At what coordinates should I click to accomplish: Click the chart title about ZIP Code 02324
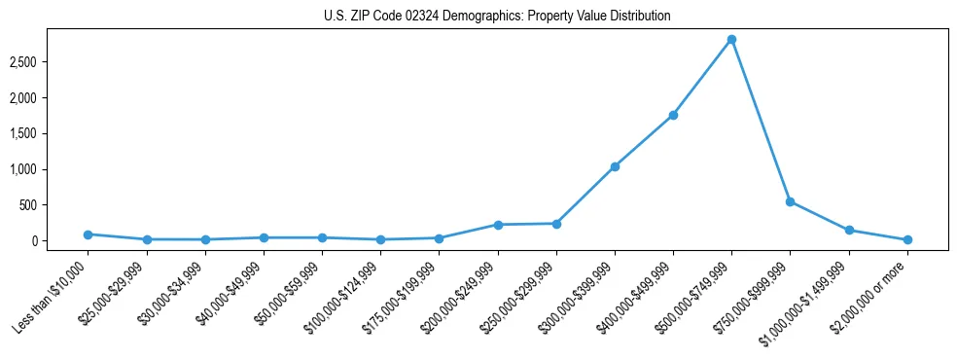pos(497,17)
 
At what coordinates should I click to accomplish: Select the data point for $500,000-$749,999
pos(731,40)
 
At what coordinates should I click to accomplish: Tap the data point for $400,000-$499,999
pos(673,115)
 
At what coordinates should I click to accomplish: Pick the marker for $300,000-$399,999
pos(615,166)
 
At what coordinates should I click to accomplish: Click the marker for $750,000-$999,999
pos(790,201)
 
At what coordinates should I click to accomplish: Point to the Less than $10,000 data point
pos(88,234)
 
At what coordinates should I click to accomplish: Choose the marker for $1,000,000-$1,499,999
pos(849,231)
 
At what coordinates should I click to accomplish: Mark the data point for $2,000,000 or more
pos(907,239)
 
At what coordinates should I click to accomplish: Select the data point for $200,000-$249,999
pos(498,225)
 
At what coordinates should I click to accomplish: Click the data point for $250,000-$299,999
pos(556,224)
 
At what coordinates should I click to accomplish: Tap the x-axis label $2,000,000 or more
pos(872,294)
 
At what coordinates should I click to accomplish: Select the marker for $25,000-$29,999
pos(146,239)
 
